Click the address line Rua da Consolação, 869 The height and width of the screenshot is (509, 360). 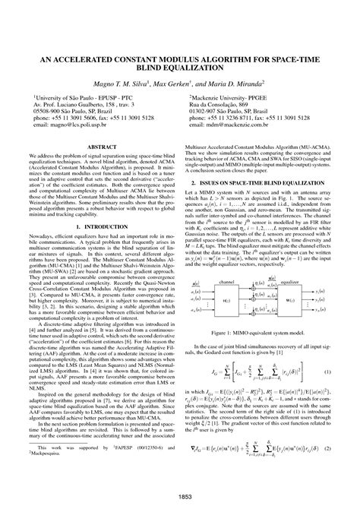click(220, 106)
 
